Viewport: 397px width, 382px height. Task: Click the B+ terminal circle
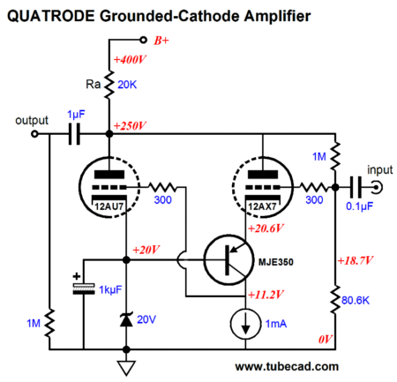[x=143, y=40]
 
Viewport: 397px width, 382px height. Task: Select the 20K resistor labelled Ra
[x=109, y=85]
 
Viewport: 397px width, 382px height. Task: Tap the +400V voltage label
[x=130, y=60]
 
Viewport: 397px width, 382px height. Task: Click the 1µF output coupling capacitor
[x=74, y=134]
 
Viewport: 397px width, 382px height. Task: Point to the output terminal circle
[x=34, y=134]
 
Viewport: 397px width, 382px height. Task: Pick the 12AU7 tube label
[x=109, y=206]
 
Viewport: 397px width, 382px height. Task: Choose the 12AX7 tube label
[x=262, y=206]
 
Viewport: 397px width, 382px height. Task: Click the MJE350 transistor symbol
[x=228, y=260]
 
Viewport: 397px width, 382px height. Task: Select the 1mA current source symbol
[x=245, y=324]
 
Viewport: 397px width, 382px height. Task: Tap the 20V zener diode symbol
[x=126, y=319]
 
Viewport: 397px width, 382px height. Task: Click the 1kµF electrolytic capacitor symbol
[x=84, y=288]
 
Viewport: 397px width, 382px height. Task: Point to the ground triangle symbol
[x=126, y=368]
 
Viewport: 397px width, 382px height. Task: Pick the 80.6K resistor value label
[x=356, y=301]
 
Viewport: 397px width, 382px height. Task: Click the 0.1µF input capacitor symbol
[x=356, y=187]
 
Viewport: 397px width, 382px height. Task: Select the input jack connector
[x=377, y=187]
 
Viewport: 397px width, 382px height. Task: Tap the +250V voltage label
[x=130, y=126]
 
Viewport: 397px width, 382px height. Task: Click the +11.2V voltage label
[x=266, y=295]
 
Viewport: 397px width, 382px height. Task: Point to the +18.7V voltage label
[x=355, y=260]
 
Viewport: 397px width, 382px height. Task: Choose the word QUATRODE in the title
[x=50, y=16]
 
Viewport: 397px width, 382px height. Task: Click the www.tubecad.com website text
[x=287, y=367]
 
